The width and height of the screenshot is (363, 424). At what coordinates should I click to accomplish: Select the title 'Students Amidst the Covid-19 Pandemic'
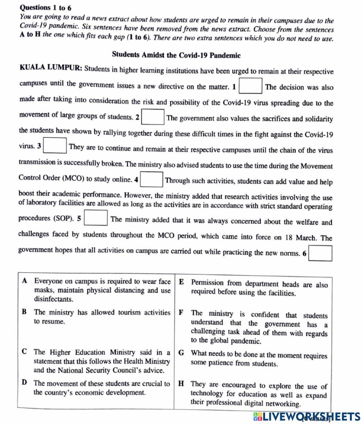pyautogui.click(x=176, y=55)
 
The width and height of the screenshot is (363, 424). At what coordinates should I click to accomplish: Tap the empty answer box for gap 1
pyautogui.click(x=250, y=86)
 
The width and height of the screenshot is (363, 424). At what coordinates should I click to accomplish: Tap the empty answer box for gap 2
pyautogui.click(x=153, y=117)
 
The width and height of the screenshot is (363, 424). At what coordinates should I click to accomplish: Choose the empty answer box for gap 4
pyautogui.click(x=151, y=179)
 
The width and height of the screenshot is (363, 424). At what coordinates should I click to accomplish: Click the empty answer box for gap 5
pyautogui.click(x=96, y=218)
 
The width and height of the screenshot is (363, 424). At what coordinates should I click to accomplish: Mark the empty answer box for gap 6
pyautogui.click(x=320, y=253)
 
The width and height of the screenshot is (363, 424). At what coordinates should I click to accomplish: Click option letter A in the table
pyautogui.click(x=24, y=281)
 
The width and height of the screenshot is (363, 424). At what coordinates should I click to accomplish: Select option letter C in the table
pyautogui.click(x=24, y=352)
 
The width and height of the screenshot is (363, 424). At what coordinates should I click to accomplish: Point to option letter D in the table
pyautogui.click(x=24, y=383)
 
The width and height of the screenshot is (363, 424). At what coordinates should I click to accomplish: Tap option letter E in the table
pyautogui.click(x=181, y=282)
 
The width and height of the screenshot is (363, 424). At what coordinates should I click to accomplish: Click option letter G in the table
pyautogui.click(x=181, y=353)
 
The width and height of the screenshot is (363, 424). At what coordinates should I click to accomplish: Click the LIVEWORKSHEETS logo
pyautogui.click(x=307, y=416)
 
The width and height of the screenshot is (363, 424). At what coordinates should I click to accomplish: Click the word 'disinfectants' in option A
pyautogui.click(x=53, y=299)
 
